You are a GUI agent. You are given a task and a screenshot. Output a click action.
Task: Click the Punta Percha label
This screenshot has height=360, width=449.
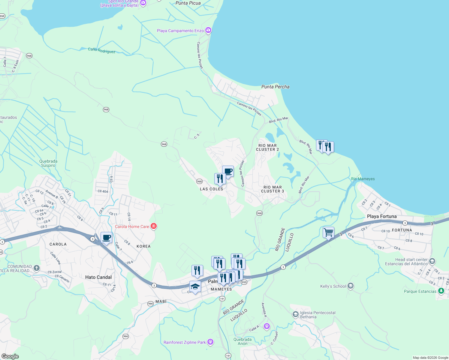275,87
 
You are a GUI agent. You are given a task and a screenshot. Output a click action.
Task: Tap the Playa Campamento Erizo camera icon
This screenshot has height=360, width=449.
208,30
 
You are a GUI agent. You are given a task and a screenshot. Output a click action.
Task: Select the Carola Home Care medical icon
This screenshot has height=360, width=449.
154,226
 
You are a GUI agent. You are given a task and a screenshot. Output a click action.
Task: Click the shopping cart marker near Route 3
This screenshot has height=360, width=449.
328,232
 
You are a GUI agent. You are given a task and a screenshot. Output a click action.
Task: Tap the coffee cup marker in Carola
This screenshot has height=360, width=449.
106,238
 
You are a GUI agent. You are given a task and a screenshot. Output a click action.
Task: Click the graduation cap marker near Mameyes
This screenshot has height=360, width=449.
195,286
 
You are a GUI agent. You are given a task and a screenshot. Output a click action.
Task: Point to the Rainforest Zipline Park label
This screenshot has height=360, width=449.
185,342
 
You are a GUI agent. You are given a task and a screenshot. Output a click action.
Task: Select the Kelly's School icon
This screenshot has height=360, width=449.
350,286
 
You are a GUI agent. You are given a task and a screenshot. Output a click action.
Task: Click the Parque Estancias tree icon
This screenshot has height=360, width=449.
441,291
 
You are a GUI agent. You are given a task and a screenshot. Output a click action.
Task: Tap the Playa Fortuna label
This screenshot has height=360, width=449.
381,216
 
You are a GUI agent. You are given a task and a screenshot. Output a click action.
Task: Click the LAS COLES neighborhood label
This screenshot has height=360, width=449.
211,189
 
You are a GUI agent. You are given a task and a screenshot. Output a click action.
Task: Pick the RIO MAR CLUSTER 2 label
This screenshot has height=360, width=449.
267,147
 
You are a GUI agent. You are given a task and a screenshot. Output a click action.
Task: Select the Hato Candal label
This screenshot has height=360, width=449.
98,277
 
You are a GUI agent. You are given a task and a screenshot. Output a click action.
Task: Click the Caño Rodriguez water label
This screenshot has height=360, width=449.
101,50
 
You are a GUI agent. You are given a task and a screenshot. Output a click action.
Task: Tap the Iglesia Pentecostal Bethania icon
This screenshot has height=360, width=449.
295,314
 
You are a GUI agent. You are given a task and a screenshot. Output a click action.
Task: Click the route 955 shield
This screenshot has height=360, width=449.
244,282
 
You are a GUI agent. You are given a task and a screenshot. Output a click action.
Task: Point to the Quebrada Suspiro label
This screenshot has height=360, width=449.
48,163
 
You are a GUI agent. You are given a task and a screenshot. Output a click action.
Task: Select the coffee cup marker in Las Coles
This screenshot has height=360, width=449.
228,171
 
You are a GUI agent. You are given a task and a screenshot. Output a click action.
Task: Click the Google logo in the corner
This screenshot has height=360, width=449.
10,356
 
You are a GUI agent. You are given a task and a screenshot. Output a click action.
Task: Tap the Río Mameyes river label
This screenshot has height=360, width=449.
363,179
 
